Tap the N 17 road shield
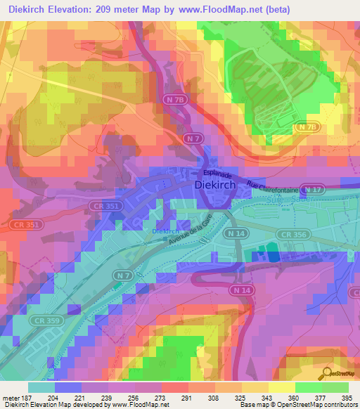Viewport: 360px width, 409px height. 311,189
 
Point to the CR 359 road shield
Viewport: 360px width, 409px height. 44,320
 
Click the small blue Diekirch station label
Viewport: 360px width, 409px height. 166,231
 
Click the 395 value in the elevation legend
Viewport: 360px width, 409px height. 346,396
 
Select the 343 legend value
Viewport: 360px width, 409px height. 248,396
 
